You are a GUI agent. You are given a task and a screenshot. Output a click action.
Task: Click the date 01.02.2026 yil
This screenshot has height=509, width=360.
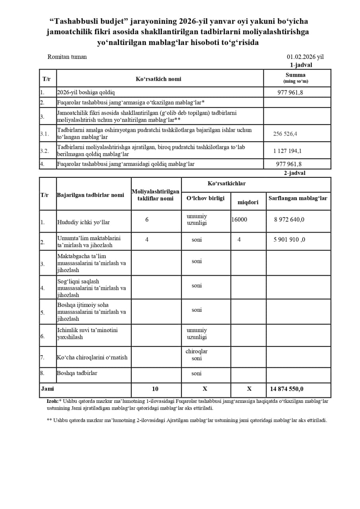(x=305, y=57)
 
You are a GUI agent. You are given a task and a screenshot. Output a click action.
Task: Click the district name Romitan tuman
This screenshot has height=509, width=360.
(x=67, y=57)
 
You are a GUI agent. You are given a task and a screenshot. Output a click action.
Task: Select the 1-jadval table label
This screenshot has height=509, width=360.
(x=301, y=65)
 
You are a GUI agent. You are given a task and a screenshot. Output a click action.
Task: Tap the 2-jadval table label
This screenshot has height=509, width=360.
(x=294, y=173)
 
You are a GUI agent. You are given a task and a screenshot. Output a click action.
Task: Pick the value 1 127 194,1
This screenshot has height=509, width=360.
(x=287, y=151)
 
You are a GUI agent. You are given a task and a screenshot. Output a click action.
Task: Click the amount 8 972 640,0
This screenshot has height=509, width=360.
(x=289, y=220)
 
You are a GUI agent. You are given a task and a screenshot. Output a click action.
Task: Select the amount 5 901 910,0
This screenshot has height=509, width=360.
(x=289, y=240)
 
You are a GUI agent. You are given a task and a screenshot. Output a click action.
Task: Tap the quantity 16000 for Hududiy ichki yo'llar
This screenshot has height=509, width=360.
(x=239, y=220)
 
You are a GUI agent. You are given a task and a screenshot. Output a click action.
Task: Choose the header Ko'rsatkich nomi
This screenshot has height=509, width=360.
(x=158, y=79)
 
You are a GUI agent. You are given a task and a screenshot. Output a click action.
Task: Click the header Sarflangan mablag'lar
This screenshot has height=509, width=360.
(x=298, y=198)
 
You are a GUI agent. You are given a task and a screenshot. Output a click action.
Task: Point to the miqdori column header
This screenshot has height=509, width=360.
(x=248, y=202)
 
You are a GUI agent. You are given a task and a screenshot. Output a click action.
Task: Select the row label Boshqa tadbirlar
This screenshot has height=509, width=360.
(x=77, y=373)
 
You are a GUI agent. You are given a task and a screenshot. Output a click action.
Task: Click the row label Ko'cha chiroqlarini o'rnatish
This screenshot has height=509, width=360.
(x=92, y=357)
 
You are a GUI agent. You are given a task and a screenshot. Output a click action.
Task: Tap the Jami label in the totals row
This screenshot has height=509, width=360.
(x=47, y=389)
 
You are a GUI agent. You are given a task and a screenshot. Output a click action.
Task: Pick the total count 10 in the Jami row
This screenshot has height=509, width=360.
(x=155, y=389)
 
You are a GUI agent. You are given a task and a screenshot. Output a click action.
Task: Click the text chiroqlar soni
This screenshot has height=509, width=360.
(x=197, y=355)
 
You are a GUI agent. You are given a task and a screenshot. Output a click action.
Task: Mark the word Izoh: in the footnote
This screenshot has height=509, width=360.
(x=53, y=401)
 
